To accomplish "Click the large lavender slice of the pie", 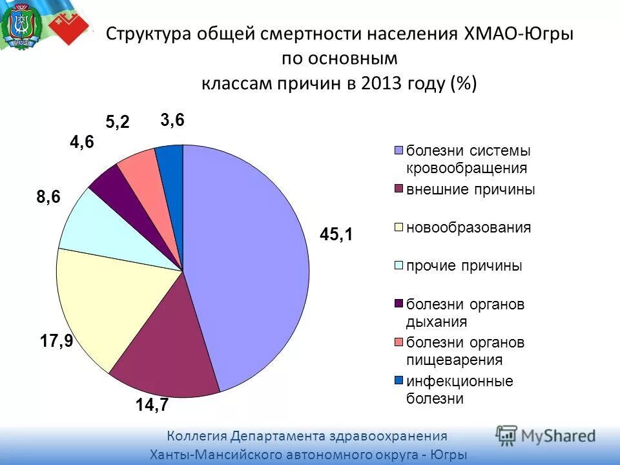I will coord(252,258).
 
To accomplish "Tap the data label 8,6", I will coord(48,198).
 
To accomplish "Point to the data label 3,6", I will coord(172,120).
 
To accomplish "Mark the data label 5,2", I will coord(118,121).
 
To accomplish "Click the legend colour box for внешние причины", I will coord(398,189).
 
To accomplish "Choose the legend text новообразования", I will coord(468,227).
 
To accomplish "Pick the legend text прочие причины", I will coord(464,266).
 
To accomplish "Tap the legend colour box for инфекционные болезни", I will coord(398,380).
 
